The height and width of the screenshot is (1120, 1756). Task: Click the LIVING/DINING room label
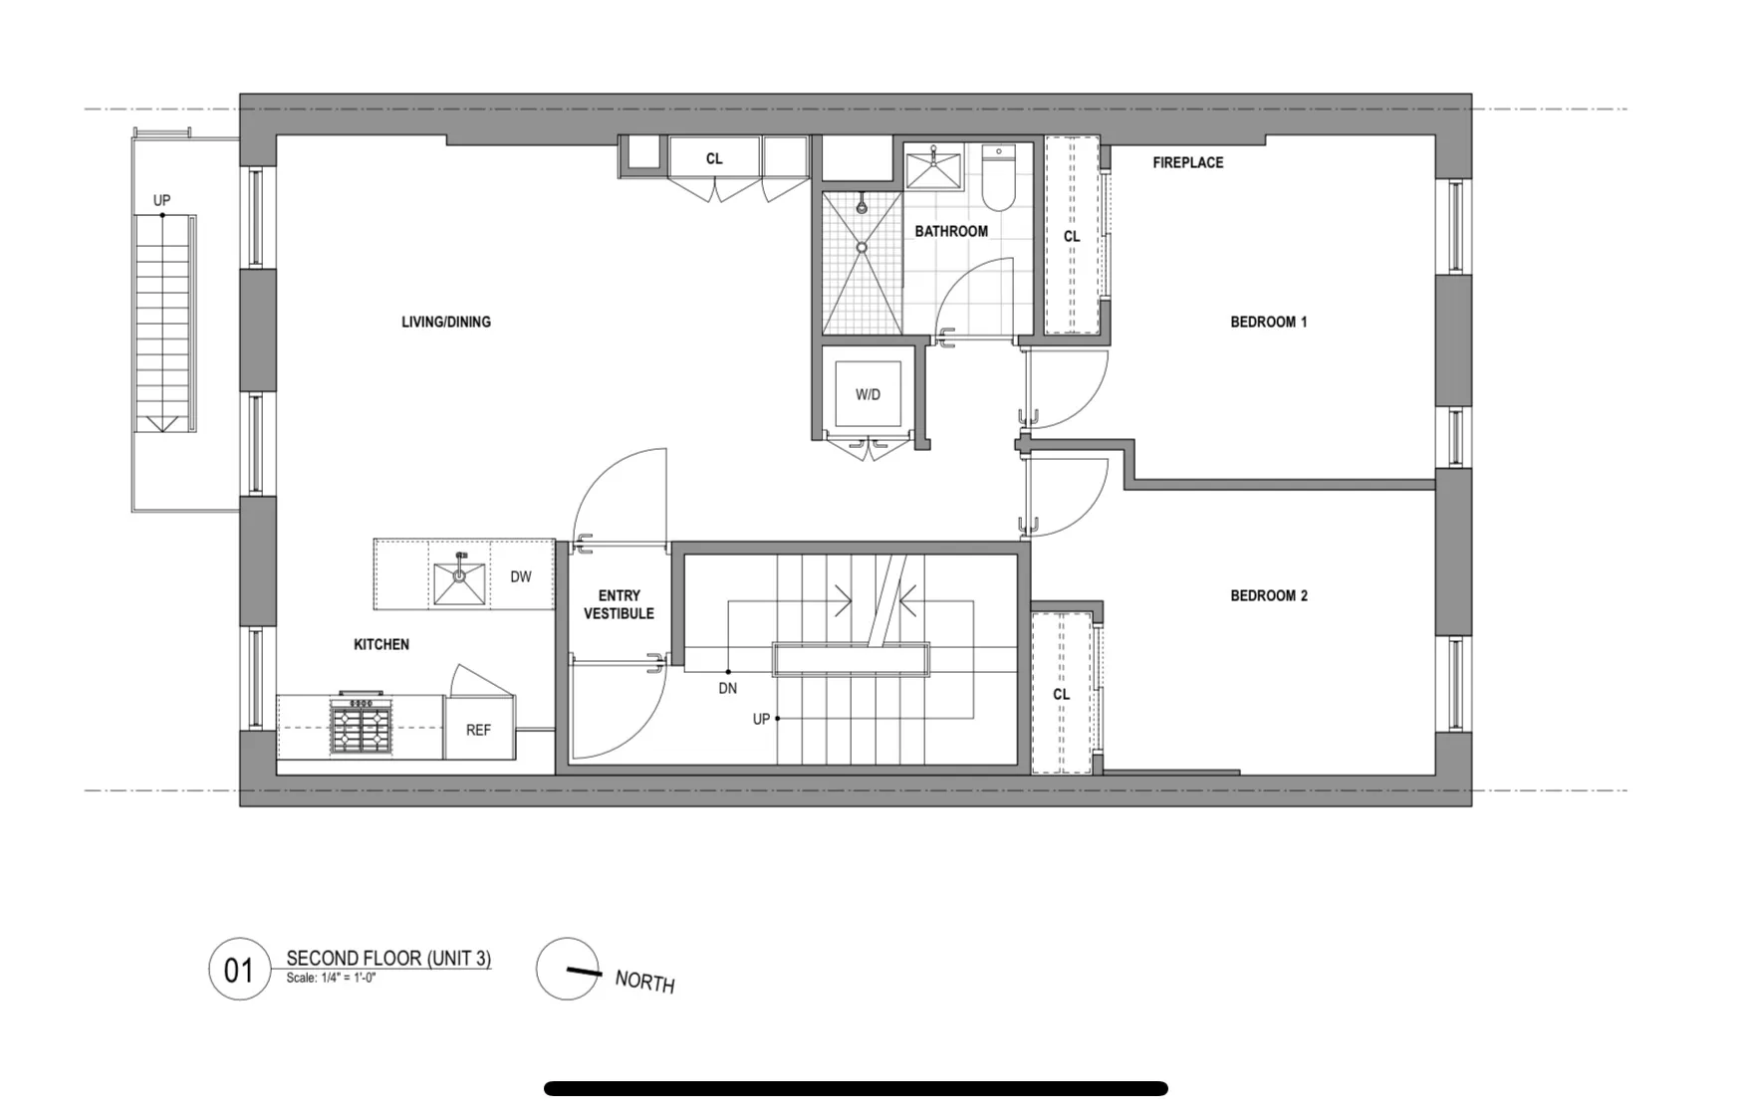tap(446, 322)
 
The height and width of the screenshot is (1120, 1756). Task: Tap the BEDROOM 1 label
tap(1268, 322)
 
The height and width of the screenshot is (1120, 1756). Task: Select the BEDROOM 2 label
tap(1268, 595)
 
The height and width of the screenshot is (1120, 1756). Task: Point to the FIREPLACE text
tap(1187, 162)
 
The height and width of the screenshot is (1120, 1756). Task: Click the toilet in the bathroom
tap(998, 178)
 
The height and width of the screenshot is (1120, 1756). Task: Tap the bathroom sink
tap(933, 168)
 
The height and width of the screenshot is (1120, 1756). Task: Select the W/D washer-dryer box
tap(868, 394)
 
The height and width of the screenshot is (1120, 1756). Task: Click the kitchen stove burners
tap(361, 726)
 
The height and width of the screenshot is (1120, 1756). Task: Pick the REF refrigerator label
tap(478, 730)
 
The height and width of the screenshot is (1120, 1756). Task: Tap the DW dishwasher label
tap(521, 576)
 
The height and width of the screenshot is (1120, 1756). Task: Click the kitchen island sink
tap(459, 583)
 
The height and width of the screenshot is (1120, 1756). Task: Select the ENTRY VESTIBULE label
tap(619, 604)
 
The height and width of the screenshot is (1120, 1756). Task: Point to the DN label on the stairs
tap(728, 688)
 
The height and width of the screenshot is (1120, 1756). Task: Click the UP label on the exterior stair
tap(161, 200)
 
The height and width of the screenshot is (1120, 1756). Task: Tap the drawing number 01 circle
tap(239, 970)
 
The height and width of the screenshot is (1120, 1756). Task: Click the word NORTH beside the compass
tap(644, 982)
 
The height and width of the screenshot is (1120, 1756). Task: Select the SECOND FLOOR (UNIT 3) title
tap(388, 958)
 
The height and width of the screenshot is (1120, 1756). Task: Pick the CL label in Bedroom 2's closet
tap(1061, 694)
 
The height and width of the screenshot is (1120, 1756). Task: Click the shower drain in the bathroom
tap(863, 248)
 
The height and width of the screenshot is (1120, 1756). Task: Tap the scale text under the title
tap(331, 978)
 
